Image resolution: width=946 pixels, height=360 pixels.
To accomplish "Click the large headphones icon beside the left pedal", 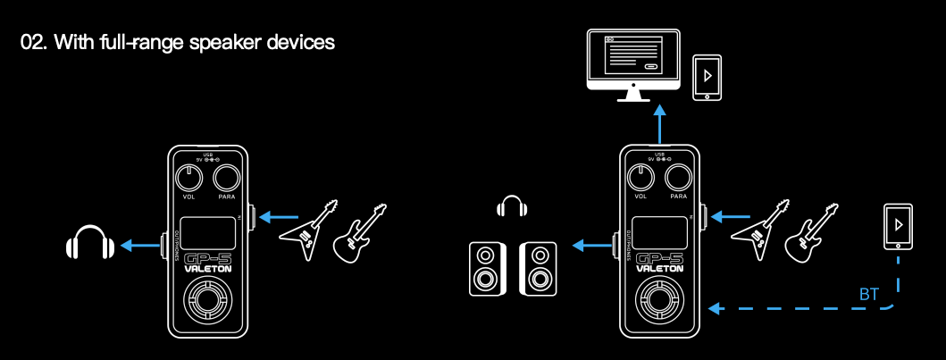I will coord(89,243).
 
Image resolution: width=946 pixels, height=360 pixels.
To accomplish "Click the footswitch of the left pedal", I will coord(207,304).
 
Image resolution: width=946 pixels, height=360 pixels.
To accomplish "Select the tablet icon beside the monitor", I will coord(708,79).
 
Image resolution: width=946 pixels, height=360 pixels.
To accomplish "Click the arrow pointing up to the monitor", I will coord(660,122).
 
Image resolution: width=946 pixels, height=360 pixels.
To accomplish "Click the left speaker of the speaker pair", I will coord(485,268).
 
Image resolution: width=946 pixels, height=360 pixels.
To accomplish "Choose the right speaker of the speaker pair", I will coord(539,268).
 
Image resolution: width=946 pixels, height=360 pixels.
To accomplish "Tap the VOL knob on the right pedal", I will coord(640,177).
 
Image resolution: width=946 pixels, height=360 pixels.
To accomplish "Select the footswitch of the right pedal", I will coord(659,304).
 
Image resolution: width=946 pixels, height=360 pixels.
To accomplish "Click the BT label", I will coord(868,294).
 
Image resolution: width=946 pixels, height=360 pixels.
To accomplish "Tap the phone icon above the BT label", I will coord(896,227).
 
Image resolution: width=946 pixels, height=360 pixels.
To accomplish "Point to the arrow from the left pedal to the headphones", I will coord(140,244).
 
